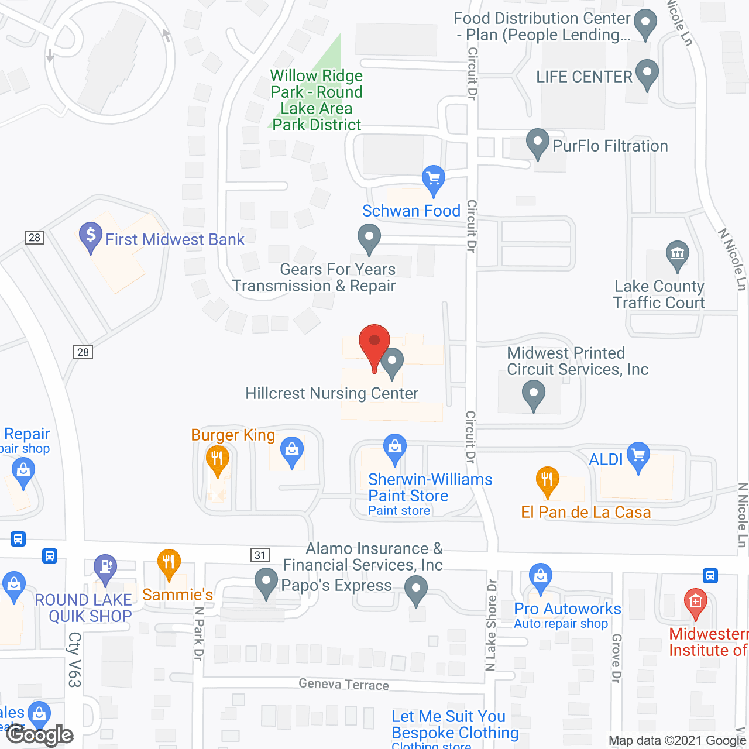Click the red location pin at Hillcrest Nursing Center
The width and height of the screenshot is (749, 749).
tap(374, 344)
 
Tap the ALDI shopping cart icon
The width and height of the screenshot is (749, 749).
tap(638, 456)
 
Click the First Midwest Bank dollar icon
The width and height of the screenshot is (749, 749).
tap(91, 236)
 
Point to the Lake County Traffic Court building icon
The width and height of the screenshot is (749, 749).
tap(677, 255)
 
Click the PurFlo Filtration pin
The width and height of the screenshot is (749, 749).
tap(537, 143)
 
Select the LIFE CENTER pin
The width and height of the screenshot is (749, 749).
tap(647, 74)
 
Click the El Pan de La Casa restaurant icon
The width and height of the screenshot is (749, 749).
tap(547, 480)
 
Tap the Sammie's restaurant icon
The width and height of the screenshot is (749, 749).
tap(169, 563)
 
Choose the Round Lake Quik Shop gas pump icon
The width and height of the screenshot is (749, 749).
tap(105, 568)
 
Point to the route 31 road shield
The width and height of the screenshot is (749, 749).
tap(260, 555)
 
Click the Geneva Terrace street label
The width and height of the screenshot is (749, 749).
tap(343, 684)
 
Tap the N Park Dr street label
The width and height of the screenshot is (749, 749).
tap(199, 634)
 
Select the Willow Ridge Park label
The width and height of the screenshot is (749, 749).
tap(317, 100)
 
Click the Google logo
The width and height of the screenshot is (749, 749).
tap(40, 735)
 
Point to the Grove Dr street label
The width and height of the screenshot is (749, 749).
tap(616, 658)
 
